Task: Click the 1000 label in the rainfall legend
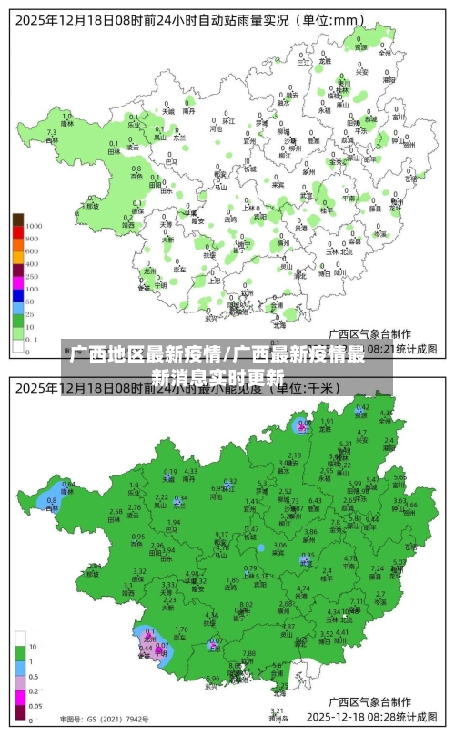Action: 34,225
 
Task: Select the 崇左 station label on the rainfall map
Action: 181,270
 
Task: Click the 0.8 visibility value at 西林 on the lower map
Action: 51,500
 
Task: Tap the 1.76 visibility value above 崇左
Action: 181,629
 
